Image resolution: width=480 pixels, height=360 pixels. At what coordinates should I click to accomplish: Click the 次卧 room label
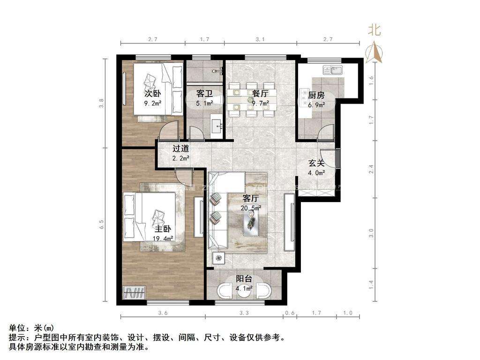(x=153, y=93)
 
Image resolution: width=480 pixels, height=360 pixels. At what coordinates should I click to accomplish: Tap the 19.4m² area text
(x=163, y=238)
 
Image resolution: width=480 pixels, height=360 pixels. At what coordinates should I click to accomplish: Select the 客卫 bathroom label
(x=204, y=94)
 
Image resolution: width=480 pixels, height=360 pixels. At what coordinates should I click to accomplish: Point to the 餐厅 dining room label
(x=260, y=93)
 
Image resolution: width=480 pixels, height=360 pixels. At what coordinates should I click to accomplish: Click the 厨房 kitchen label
(x=316, y=95)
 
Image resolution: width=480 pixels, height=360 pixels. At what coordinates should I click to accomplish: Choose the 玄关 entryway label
(x=316, y=163)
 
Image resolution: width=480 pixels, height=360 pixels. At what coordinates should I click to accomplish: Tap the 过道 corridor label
(x=180, y=149)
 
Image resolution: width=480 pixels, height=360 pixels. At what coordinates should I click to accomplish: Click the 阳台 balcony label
(x=244, y=278)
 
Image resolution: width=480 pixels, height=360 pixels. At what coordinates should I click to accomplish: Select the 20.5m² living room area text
(x=251, y=208)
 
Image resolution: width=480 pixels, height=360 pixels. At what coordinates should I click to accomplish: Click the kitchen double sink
(x=332, y=70)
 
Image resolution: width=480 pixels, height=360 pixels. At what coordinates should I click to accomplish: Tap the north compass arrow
(x=375, y=52)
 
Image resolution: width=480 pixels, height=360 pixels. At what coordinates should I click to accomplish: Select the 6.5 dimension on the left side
(x=102, y=224)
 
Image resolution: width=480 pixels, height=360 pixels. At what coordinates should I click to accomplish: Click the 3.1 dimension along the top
(x=260, y=39)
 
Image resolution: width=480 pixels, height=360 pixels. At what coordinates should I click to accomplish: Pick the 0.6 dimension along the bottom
(x=290, y=313)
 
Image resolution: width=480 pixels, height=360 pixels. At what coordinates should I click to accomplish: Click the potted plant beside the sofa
(x=218, y=259)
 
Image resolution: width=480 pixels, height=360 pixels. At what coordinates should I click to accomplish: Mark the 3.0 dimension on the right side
(x=371, y=233)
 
